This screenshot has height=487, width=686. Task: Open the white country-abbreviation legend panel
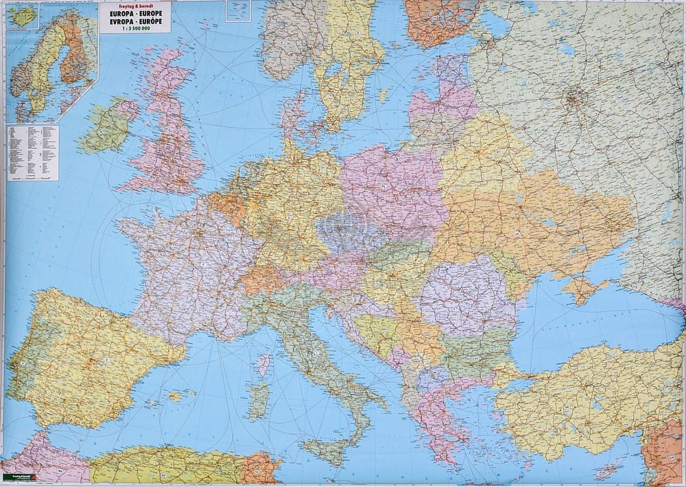click(32, 152)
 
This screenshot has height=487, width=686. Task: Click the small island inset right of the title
click(238, 10)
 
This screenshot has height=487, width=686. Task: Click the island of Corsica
click(263, 364)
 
